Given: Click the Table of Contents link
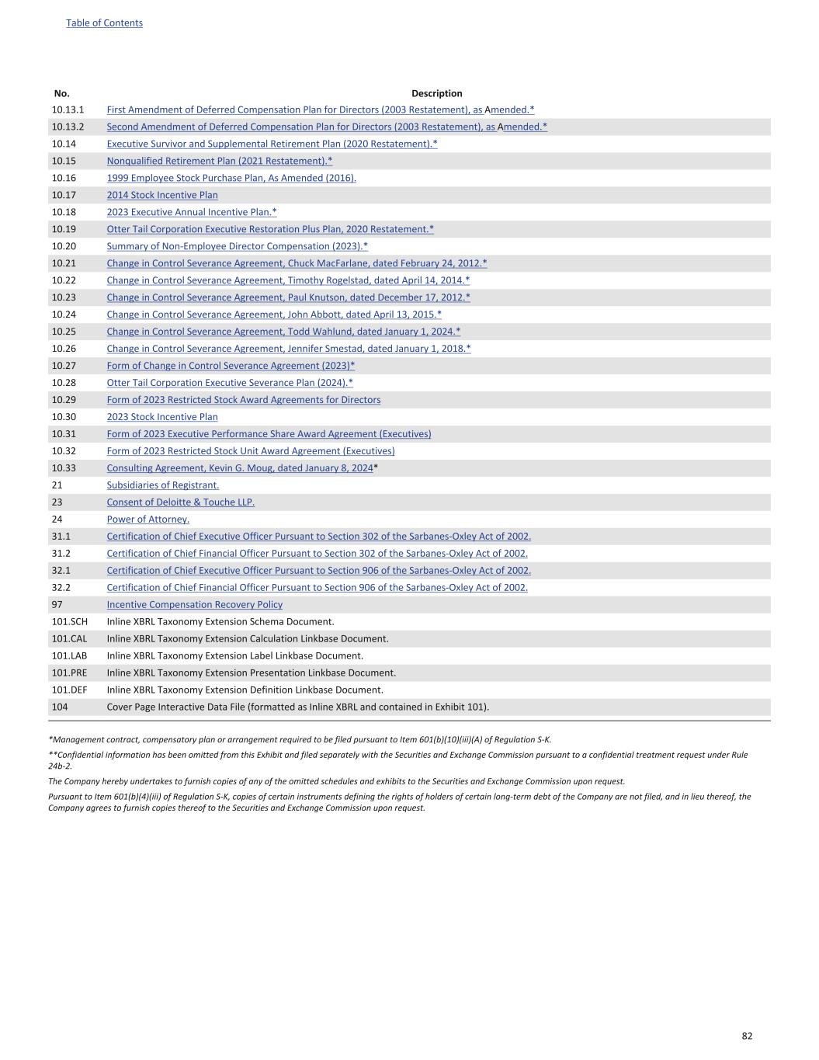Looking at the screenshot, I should pos(104,23).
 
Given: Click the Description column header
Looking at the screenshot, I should pos(436,93).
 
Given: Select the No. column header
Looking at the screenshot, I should pos(62,93).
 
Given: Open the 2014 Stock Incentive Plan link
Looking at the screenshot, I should pos(162,195).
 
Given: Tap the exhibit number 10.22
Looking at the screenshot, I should pos(65,280).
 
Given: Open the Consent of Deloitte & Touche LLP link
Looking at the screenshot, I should pos(180,502).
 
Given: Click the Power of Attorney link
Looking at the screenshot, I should pos(147,520).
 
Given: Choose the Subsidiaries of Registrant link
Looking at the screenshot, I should pos(162,485).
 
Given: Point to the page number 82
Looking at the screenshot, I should pos(747,1036).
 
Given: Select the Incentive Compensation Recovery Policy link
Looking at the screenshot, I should pos(194,605).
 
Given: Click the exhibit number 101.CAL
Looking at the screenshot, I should pos(69,639).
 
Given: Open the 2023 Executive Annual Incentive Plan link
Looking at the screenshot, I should pos(192,212).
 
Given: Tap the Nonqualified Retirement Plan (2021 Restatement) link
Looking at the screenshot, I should pos(219,161).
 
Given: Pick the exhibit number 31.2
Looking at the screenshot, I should pos(61,554).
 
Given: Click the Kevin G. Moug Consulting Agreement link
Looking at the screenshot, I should pos(240,468).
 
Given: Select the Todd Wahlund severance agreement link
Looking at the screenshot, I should pos(283,332).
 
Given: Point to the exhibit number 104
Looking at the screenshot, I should pos(60,707).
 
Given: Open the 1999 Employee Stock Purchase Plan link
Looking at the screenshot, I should pos(231,178).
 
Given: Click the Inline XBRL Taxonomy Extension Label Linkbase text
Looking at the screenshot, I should pos(234,656).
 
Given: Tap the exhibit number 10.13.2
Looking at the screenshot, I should pos(68,127).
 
